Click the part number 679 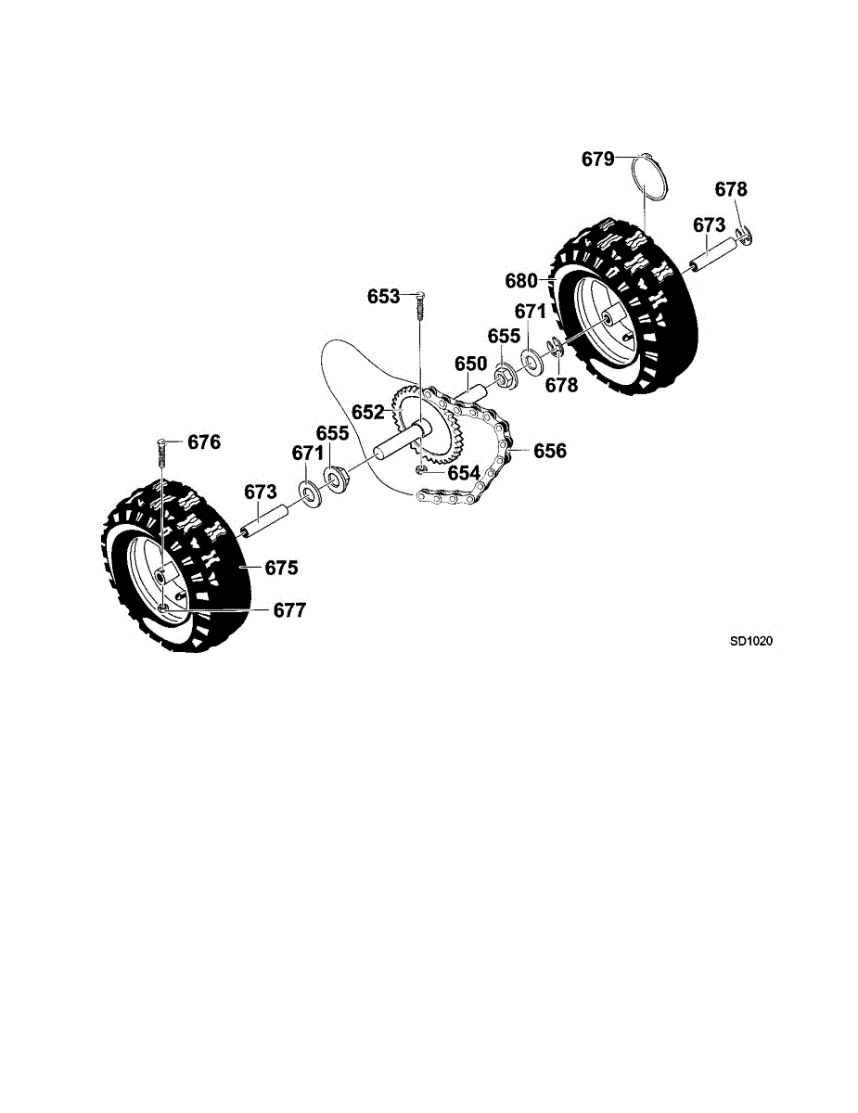point(597,159)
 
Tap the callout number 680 point(522,280)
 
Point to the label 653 point(383,297)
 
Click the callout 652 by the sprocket point(367,412)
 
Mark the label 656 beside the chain point(549,452)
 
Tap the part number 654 point(464,473)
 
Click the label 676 point(204,442)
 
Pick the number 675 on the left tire point(281,568)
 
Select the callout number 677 point(288,610)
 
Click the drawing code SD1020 point(750,640)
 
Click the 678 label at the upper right point(730,189)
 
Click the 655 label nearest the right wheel point(505,336)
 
